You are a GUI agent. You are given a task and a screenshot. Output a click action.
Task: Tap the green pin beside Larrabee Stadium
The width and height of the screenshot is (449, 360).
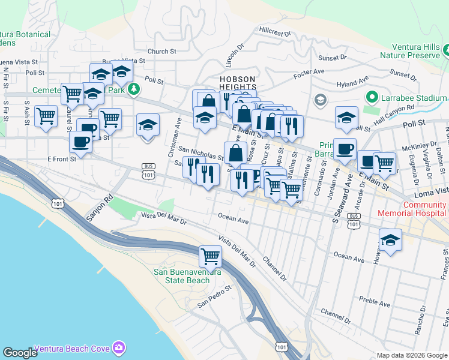372,97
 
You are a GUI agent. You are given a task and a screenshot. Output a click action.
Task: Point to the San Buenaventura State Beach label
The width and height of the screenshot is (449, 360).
187,276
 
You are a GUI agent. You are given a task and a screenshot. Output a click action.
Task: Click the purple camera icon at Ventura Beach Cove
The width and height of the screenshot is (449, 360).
119,348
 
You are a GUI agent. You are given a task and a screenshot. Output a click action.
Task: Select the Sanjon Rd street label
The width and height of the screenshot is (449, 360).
100,208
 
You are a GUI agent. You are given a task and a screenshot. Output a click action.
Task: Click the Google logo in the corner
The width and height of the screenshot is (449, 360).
20,353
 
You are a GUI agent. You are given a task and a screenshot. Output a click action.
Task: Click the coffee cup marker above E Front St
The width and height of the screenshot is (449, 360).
80,142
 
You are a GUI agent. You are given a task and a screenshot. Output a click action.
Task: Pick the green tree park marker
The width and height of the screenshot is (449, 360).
134,89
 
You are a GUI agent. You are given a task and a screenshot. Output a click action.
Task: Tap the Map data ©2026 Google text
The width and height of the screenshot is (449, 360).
412,355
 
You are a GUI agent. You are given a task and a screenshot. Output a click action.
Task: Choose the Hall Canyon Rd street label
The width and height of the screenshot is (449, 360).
396,109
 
